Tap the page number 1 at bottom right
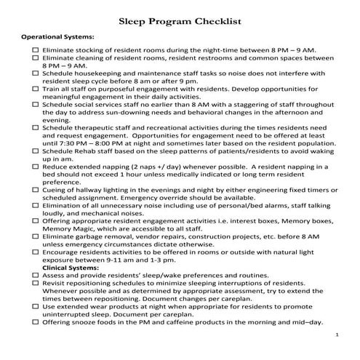click(338, 334)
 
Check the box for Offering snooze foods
click(35, 323)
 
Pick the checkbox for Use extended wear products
click(35, 308)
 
